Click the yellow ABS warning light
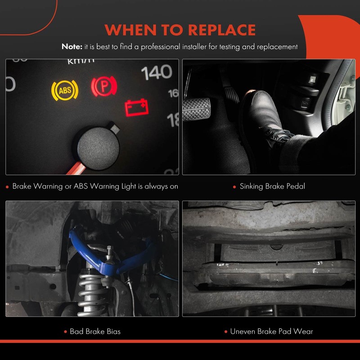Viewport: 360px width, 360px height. tap(65, 90)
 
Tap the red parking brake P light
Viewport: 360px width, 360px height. tap(104, 85)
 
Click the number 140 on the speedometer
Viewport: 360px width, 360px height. tap(157, 72)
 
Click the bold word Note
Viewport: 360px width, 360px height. tap(72, 46)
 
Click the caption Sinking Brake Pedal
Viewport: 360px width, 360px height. tap(272, 186)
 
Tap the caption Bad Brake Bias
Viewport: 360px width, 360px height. tap(95, 332)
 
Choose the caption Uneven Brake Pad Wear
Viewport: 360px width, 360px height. tap(271, 332)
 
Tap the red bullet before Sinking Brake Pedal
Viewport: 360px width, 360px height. tap(234, 186)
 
